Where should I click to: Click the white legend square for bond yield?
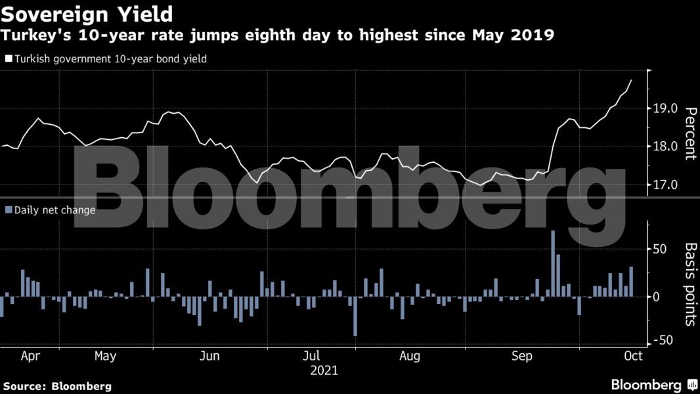tap(8, 59)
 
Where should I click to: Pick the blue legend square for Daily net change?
tap(8, 210)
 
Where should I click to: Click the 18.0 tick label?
tap(665, 146)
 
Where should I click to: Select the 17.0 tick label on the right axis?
tap(665, 185)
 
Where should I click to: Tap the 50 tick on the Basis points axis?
tap(659, 250)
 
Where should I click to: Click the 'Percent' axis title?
tap(690, 133)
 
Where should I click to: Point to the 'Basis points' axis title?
tap(690, 284)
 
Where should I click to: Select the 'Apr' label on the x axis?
tap(31, 357)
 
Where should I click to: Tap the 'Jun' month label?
tap(209, 357)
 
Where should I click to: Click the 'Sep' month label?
tap(522, 357)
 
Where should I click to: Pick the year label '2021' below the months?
tap(324, 371)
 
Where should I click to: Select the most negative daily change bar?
tap(355, 317)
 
